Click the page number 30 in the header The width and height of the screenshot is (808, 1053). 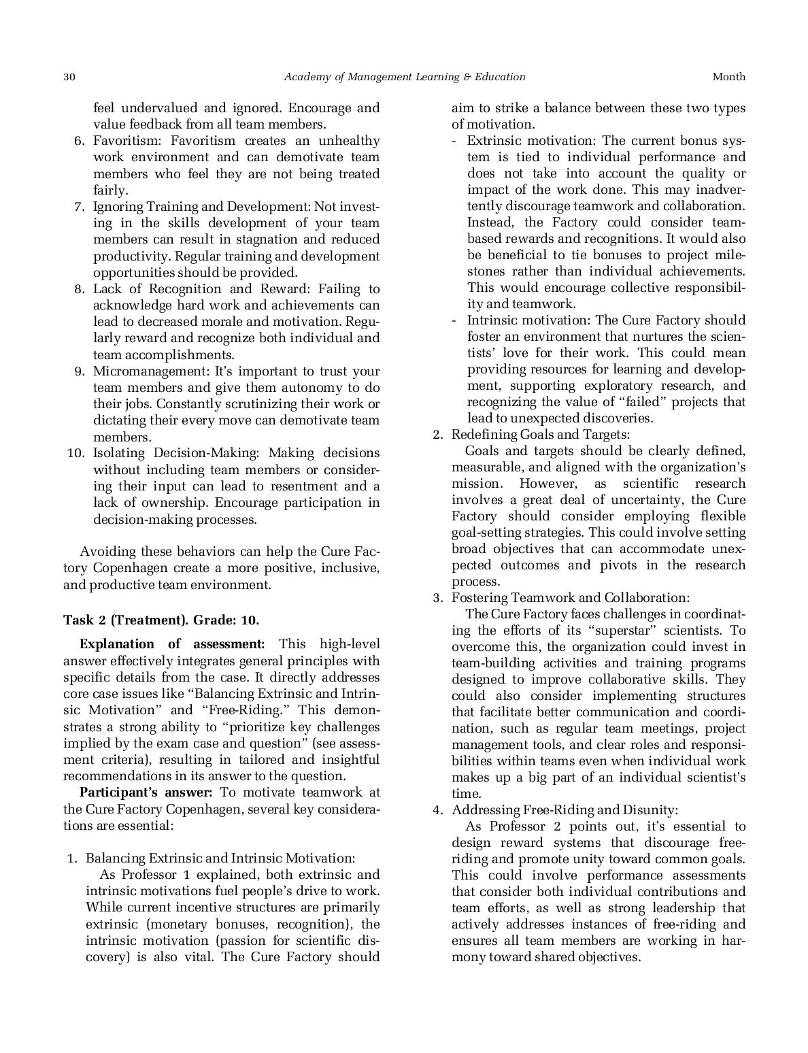click(69, 77)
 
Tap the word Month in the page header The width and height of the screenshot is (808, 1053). click(728, 77)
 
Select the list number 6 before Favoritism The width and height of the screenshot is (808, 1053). click(79, 141)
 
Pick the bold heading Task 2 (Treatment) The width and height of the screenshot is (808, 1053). click(126, 620)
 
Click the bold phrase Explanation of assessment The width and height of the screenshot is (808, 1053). click(172, 644)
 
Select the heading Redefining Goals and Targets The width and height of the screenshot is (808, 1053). click(541, 434)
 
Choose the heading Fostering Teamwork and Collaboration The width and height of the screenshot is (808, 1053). click(570, 597)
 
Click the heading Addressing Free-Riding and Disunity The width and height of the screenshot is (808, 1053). click(565, 809)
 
